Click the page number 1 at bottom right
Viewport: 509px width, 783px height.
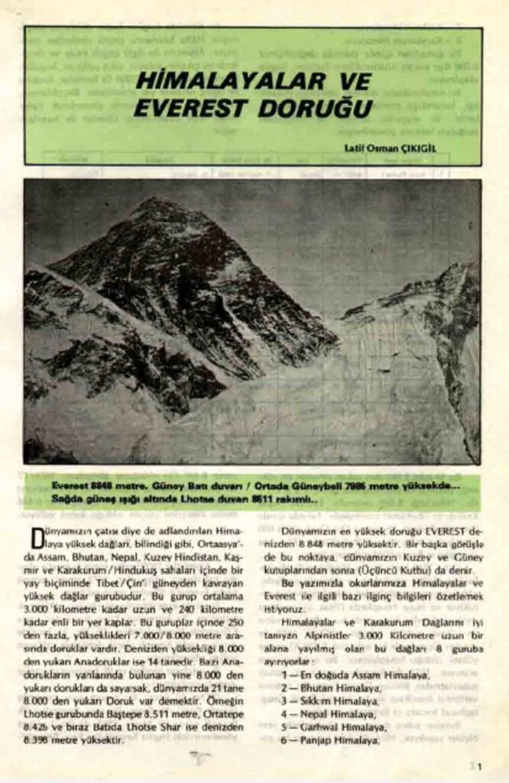tap(478, 766)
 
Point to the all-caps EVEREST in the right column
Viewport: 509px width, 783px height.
tap(433, 531)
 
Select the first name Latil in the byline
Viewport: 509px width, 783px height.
tap(355, 148)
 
